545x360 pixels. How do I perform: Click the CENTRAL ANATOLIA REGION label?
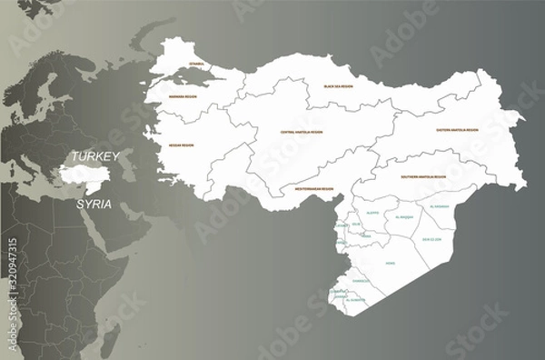coord(303,132)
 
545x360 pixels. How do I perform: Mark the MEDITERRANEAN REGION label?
coord(314,189)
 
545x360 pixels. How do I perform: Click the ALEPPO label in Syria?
coord(372,212)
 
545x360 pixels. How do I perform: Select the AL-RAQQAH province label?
coord(405,218)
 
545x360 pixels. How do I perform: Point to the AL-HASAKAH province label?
coord(439,207)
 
